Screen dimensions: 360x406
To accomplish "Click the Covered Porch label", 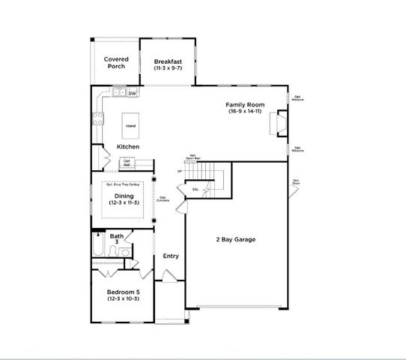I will coord(115,62).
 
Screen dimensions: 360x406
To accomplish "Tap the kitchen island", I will coord(131,125).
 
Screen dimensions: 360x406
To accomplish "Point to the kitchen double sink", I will coord(119,93).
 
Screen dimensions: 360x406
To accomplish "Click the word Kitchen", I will coord(129,146).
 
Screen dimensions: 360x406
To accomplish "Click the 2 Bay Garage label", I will coord(235,240).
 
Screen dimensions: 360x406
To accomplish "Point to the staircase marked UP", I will coord(207,174).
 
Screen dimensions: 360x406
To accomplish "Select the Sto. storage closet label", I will coord(195,190).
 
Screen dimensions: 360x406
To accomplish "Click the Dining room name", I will coord(124,196).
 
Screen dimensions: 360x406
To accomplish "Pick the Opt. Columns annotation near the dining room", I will coord(163,199).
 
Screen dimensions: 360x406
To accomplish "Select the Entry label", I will coord(171,256).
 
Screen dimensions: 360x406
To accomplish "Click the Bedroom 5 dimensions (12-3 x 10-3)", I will coord(122,299).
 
